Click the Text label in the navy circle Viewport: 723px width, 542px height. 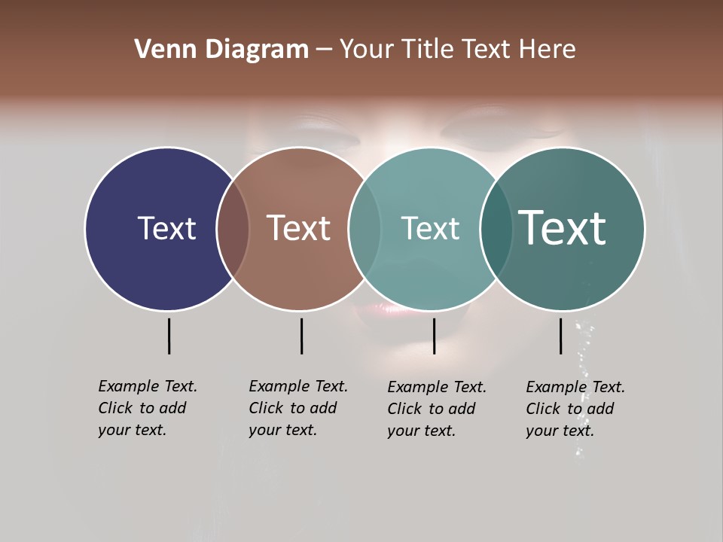click(x=166, y=228)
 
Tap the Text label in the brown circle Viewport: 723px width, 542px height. click(x=299, y=228)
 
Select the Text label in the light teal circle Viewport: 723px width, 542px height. click(x=430, y=228)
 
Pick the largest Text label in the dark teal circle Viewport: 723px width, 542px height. click(x=563, y=228)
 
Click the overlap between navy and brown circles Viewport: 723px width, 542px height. click(x=233, y=228)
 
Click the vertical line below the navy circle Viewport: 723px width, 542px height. click(x=169, y=336)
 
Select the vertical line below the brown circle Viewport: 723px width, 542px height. click(x=301, y=336)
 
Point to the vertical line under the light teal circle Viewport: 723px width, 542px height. click(x=434, y=336)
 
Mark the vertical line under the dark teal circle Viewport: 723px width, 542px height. click(x=561, y=336)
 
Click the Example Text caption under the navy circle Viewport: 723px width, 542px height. click(x=147, y=408)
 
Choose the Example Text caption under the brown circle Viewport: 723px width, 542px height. click(x=297, y=408)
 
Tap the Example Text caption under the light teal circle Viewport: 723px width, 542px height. click(x=436, y=409)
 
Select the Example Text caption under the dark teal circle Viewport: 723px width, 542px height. click(x=575, y=409)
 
